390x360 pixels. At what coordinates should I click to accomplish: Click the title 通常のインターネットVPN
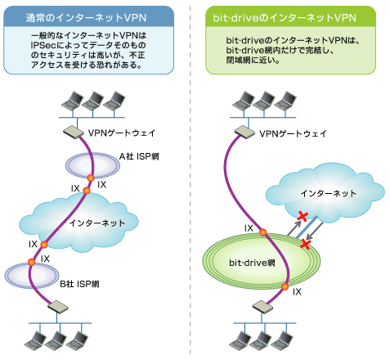click(86, 18)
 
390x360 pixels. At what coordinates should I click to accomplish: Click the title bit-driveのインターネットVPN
click(285, 18)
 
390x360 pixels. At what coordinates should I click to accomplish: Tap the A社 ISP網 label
click(139, 156)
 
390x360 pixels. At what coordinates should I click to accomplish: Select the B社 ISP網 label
click(79, 284)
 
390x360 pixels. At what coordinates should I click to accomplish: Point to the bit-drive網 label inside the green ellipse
click(252, 263)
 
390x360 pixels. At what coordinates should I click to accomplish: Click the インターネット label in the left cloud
click(97, 223)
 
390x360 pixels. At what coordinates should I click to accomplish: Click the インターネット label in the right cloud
click(329, 193)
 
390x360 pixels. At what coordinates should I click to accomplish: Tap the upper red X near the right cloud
click(303, 216)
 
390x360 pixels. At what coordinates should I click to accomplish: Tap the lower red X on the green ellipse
click(306, 245)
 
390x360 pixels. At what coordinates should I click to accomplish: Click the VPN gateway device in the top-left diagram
click(74, 132)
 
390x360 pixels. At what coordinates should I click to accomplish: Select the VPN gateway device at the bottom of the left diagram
click(58, 307)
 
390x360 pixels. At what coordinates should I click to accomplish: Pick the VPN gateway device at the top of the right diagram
click(244, 133)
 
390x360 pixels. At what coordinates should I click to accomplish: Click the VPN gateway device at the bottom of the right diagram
click(262, 307)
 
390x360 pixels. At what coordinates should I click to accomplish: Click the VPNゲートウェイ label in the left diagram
click(122, 133)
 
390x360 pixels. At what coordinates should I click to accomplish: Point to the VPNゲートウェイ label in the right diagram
click(293, 133)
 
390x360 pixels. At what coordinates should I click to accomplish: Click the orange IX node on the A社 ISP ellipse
click(91, 178)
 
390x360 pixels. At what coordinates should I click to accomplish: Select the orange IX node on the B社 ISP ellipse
click(32, 263)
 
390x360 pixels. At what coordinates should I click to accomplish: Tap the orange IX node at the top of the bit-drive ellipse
click(262, 232)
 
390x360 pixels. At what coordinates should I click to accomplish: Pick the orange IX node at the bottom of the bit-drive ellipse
click(285, 286)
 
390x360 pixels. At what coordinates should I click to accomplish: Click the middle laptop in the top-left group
click(93, 101)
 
